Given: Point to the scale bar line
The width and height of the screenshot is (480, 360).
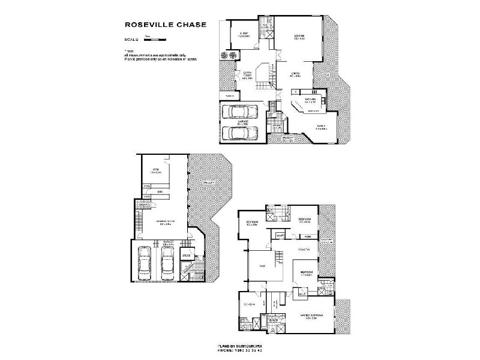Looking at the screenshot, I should [x=155, y=40].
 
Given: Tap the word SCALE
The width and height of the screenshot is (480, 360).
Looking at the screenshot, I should [x=130, y=40].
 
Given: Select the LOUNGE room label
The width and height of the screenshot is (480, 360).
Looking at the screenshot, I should [x=299, y=37].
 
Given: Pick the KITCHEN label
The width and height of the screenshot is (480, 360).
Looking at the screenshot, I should [x=310, y=99].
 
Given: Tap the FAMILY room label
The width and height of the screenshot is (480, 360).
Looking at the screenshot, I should [x=322, y=125].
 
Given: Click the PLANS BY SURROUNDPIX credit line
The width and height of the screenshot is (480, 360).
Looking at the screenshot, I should [x=240, y=347].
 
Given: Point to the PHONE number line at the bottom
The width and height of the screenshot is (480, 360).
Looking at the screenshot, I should [x=240, y=352].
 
